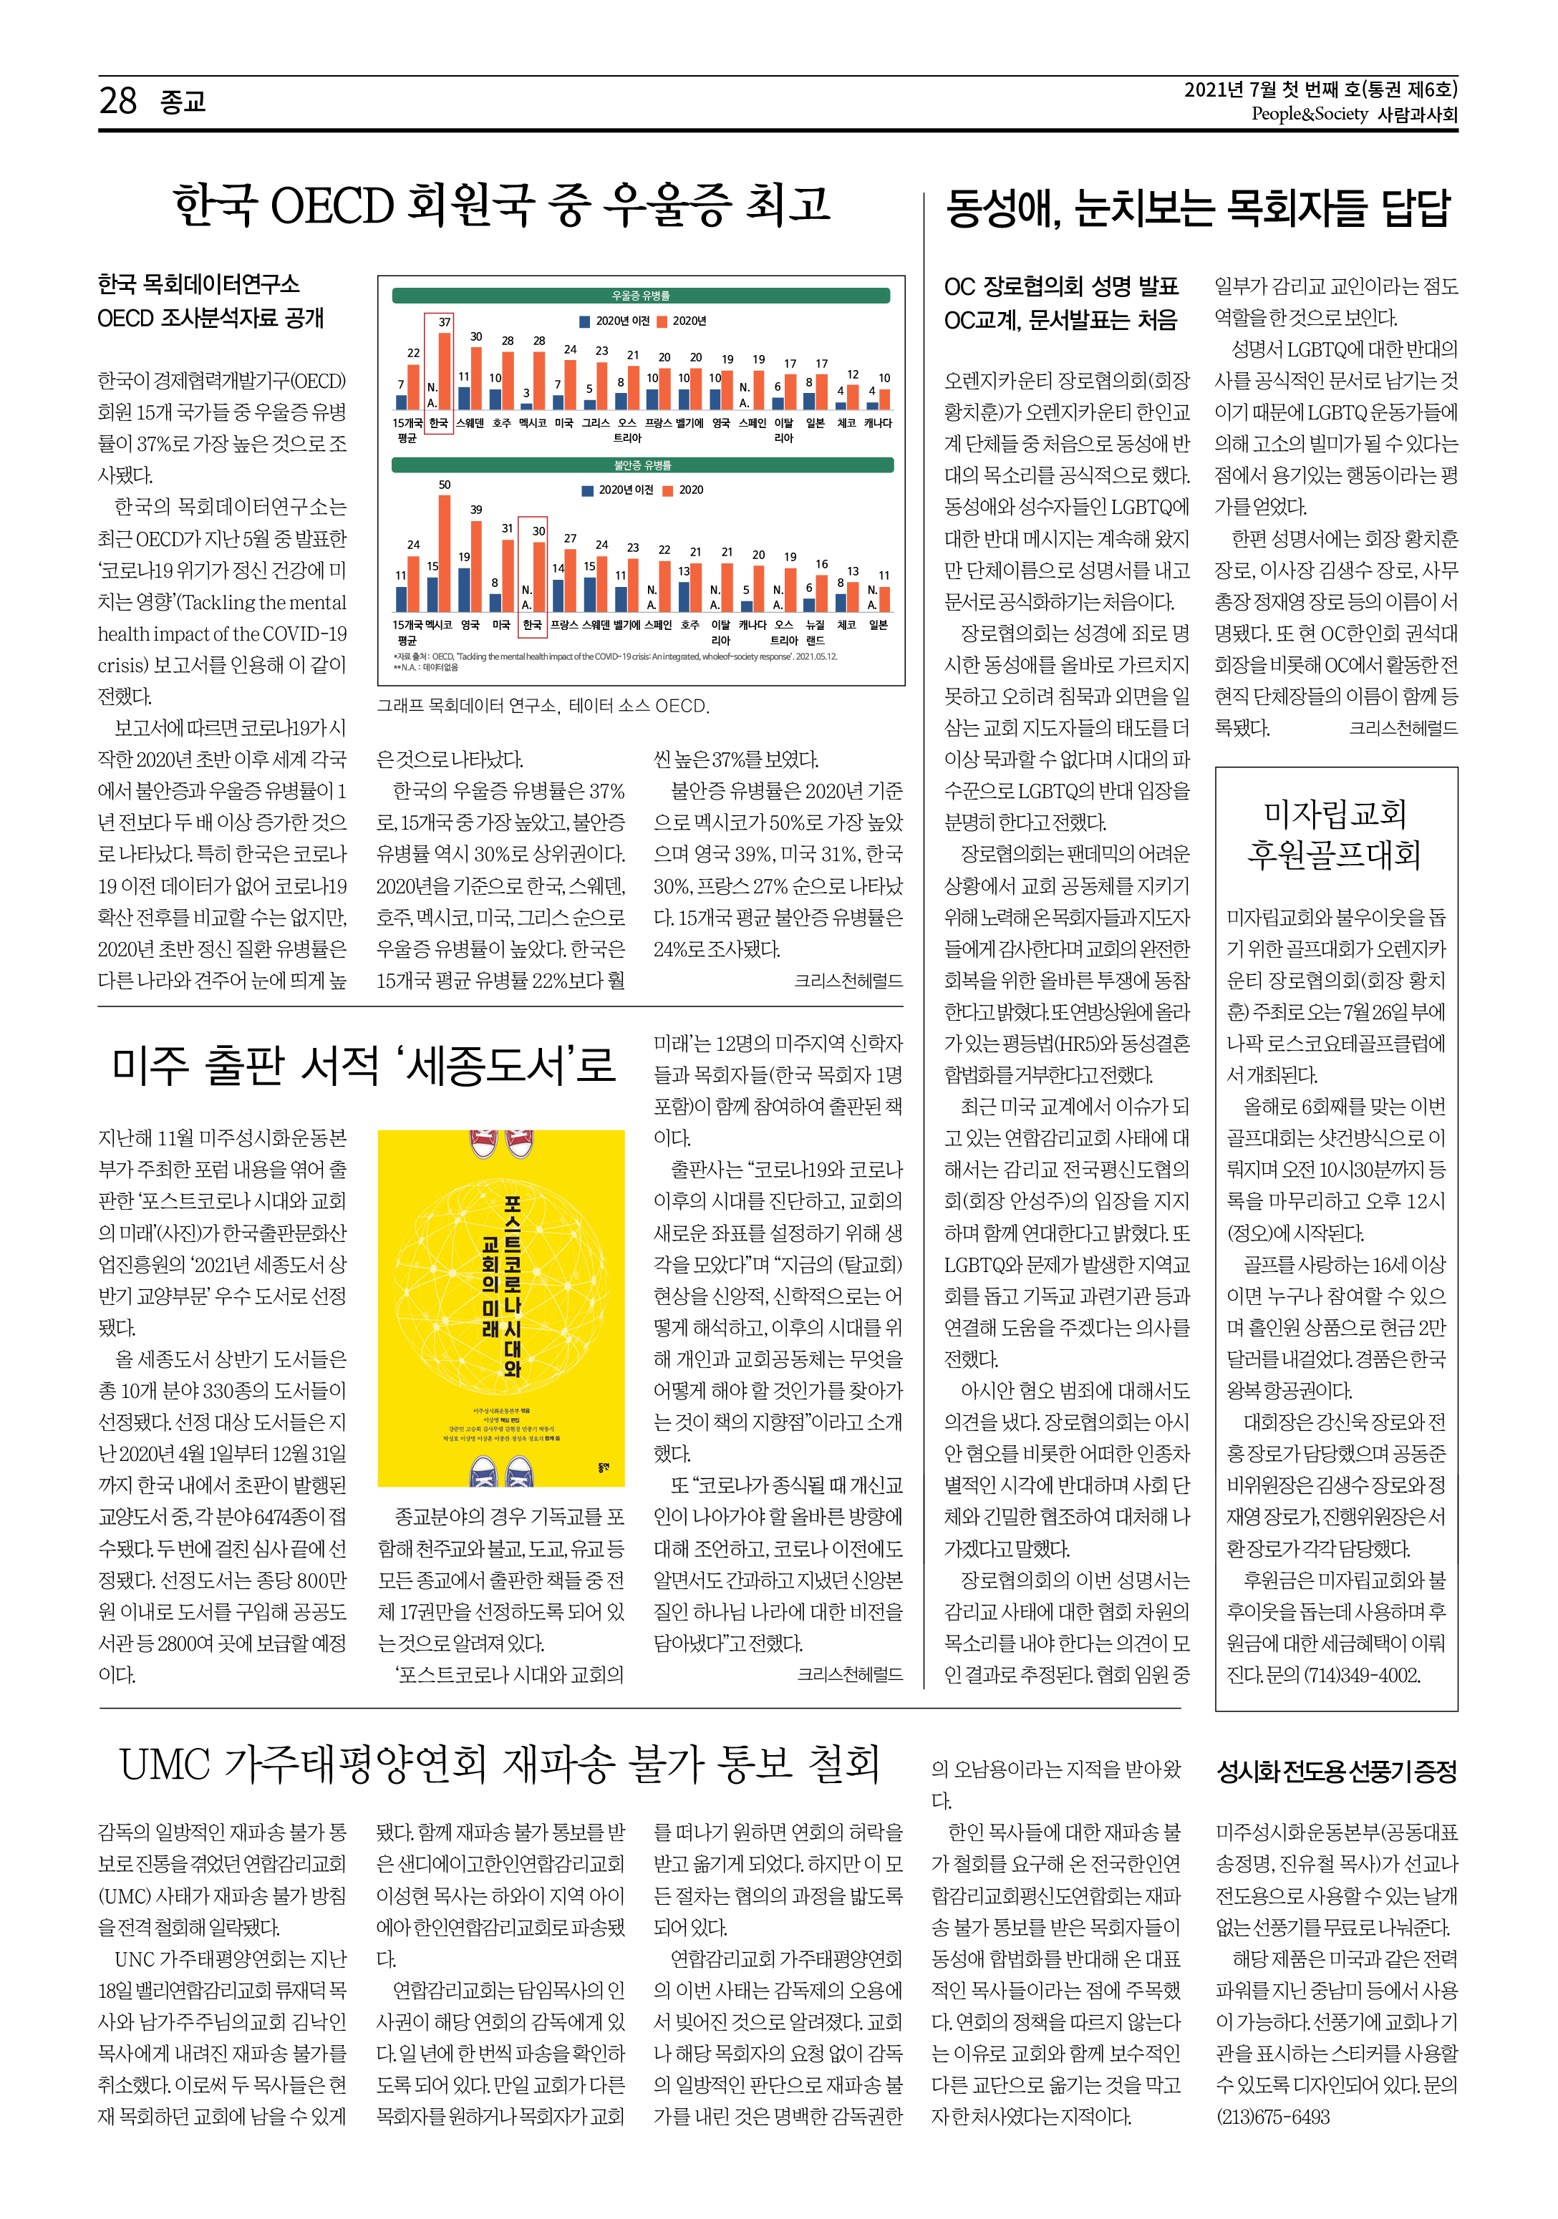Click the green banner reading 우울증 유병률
click(641, 296)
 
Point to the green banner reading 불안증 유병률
click(642, 465)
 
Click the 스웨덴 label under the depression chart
click(470, 423)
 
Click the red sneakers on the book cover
click(500, 1143)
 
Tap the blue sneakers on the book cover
click(500, 1470)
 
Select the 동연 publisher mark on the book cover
click(604, 1467)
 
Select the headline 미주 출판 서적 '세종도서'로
click(364, 1065)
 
